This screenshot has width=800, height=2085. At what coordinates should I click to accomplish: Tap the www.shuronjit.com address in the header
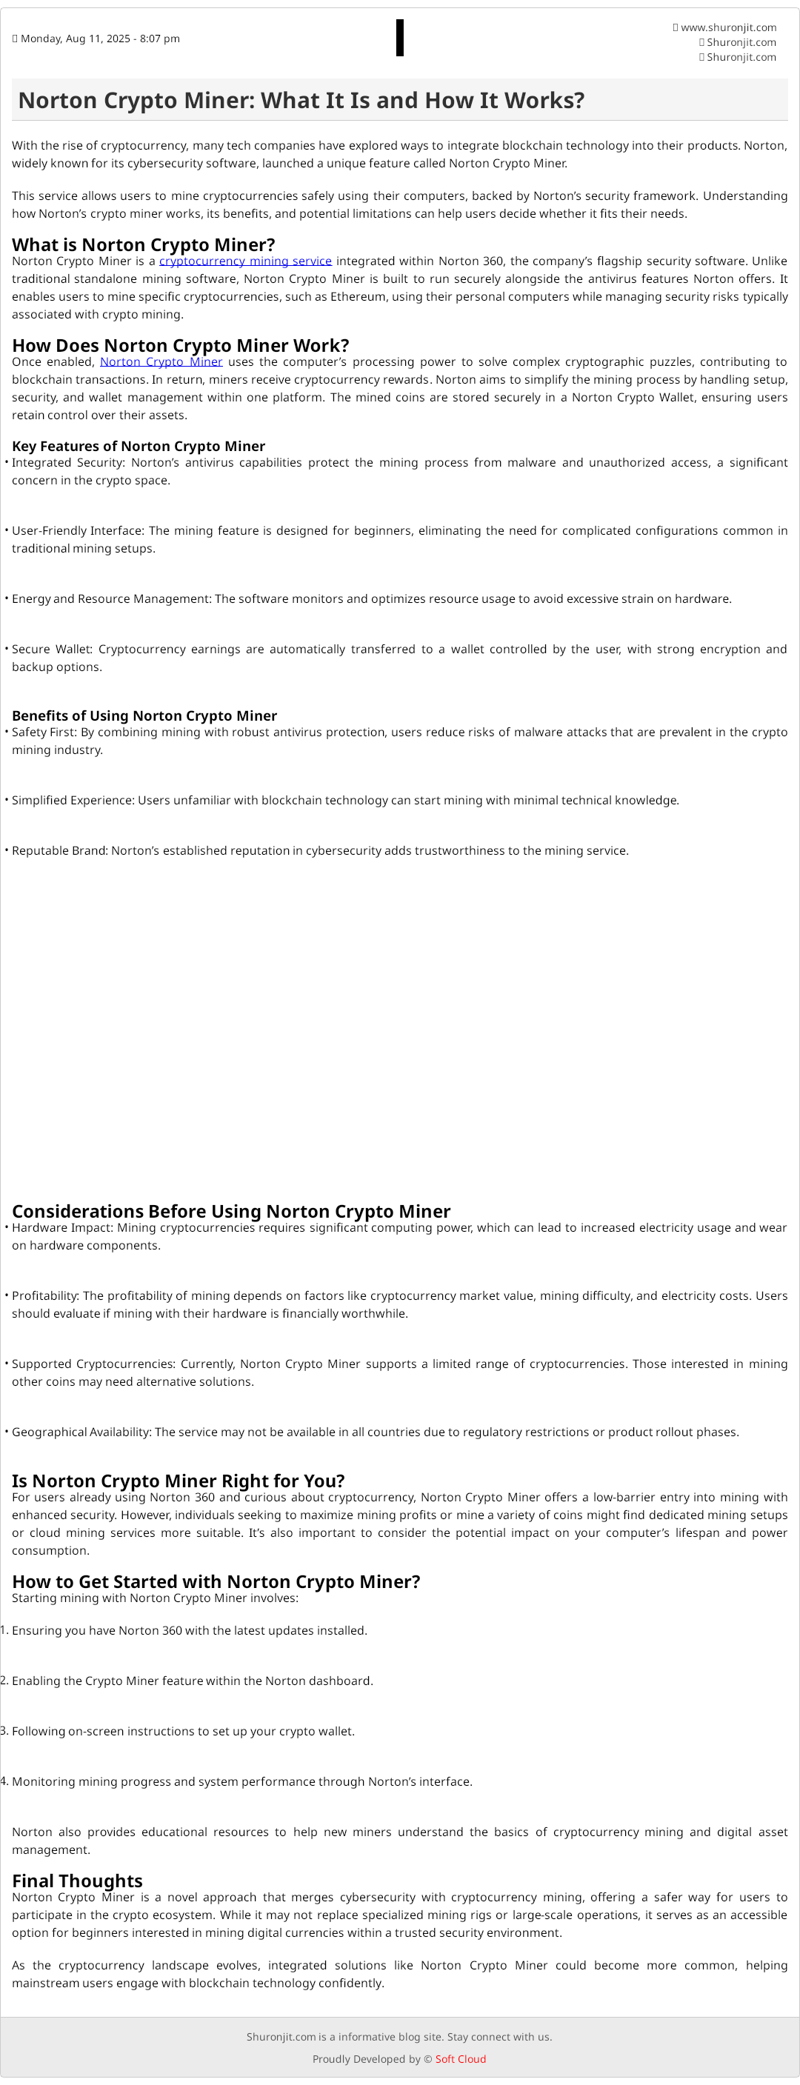[728, 27]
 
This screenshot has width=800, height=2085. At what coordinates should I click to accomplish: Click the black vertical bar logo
[400, 38]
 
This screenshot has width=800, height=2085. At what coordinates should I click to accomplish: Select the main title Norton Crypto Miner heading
[301, 101]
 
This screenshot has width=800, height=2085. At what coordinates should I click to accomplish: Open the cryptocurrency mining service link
[245, 261]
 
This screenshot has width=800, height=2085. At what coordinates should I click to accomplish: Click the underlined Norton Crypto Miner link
[161, 361]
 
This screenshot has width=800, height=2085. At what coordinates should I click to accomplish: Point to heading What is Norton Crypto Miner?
[143, 244]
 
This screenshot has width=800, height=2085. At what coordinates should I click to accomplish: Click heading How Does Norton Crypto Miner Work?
[181, 346]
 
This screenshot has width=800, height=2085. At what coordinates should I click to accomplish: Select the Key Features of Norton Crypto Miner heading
[139, 446]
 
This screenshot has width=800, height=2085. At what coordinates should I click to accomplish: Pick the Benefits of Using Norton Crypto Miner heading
[144, 715]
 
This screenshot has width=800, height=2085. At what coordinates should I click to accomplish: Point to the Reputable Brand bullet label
[59, 851]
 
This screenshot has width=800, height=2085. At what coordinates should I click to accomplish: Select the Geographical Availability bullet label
[81, 1432]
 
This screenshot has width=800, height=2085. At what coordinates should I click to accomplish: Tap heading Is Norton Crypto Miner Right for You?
[178, 1481]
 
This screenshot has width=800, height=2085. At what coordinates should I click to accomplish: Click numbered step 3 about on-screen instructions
[183, 1731]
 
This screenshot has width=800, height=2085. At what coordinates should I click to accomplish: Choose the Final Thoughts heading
[77, 1881]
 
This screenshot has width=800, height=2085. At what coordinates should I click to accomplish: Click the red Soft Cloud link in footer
[461, 2059]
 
